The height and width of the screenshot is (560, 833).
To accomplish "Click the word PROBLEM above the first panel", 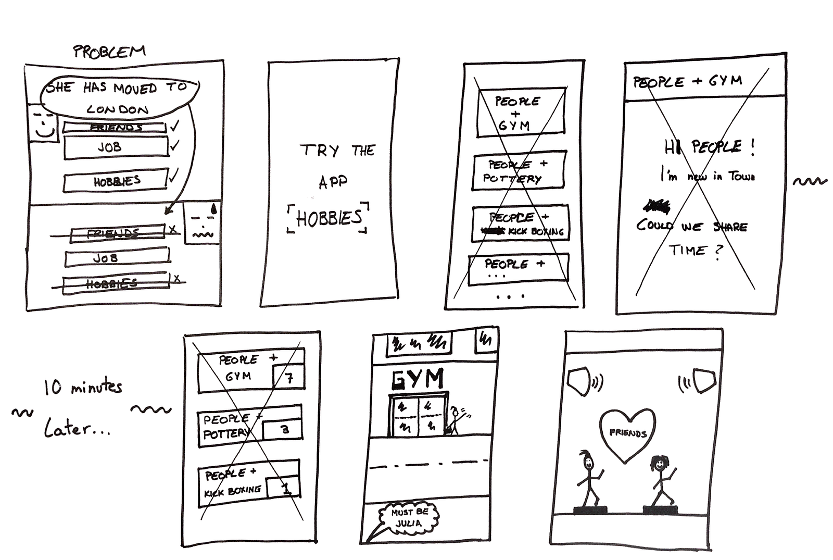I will pyautogui.click(x=109, y=51).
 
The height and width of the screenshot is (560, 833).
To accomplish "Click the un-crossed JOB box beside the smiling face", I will pyautogui.click(x=116, y=147).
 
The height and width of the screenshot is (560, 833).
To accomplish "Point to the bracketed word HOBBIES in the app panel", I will pyautogui.click(x=328, y=218).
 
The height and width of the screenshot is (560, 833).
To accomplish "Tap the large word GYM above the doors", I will pyautogui.click(x=418, y=379).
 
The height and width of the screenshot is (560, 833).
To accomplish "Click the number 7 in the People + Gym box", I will pyautogui.click(x=288, y=377).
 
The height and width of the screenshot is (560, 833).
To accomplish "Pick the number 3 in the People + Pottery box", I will pyautogui.click(x=284, y=430).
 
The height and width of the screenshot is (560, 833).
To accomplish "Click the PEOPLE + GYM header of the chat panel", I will pyautogui.click(x=687, y=81).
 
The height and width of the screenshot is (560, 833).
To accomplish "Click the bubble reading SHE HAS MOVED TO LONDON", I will pyautogui.click(x=120, y=97).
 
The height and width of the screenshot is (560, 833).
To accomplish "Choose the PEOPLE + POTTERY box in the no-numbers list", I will pyautogui.click(x=519, y=171).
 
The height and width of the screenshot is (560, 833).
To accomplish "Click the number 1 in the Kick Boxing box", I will pyautogui.click(x=285, y=488).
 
